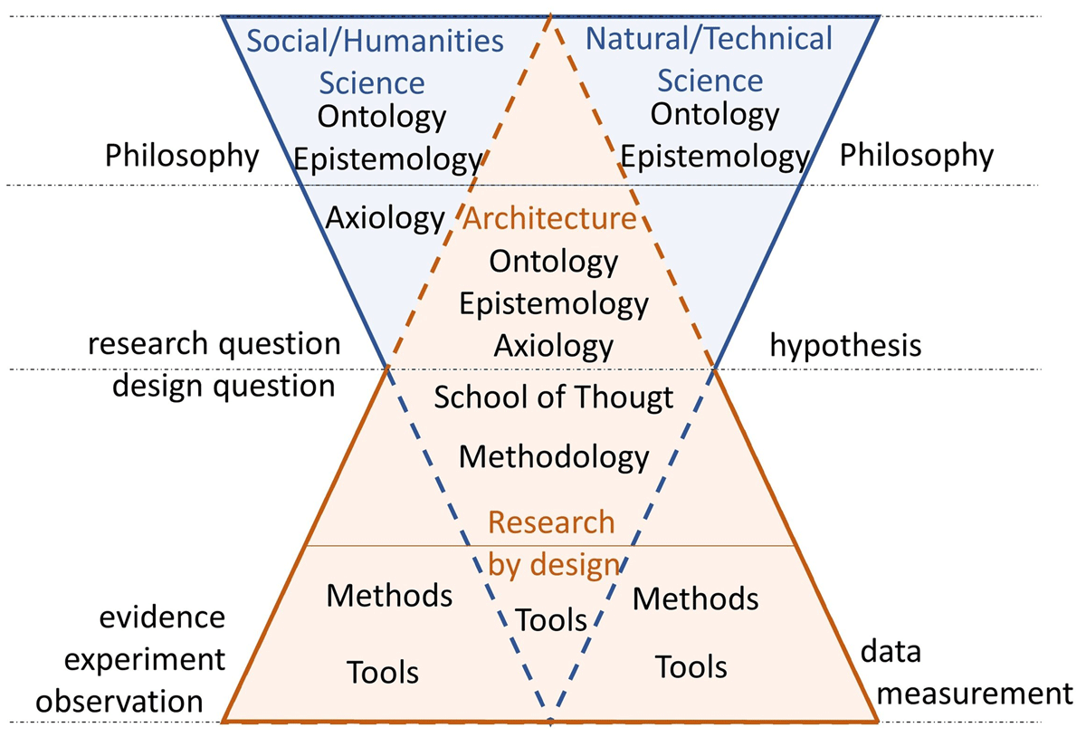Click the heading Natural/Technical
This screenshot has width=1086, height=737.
coord(709,38)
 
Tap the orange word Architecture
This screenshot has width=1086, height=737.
coord(549,218)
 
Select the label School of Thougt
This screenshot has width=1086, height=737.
coord(554,397)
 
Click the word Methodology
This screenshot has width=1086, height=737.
coord(554,457)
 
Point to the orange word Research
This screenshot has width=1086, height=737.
coord(551,522)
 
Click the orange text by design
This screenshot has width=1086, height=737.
coord(554,565)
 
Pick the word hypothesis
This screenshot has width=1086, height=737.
coord(845,347)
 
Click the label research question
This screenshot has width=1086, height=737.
coord(214,344)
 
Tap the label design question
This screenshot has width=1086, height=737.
coord(224,387)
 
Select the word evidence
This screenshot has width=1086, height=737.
coord(162,617)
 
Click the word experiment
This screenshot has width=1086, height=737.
coord(145,660)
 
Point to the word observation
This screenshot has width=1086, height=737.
coord(119,702)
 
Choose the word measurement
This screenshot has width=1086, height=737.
coord(975,694)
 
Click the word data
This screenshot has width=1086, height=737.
coord(891,651)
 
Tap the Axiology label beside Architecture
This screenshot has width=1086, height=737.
coord(385,218)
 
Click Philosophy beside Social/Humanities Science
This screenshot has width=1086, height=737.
coord(182,157)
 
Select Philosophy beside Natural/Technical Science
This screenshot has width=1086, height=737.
coord(916,156)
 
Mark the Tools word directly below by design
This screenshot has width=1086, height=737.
coord(551,620)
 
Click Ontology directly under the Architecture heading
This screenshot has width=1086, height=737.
coord(553,262)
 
